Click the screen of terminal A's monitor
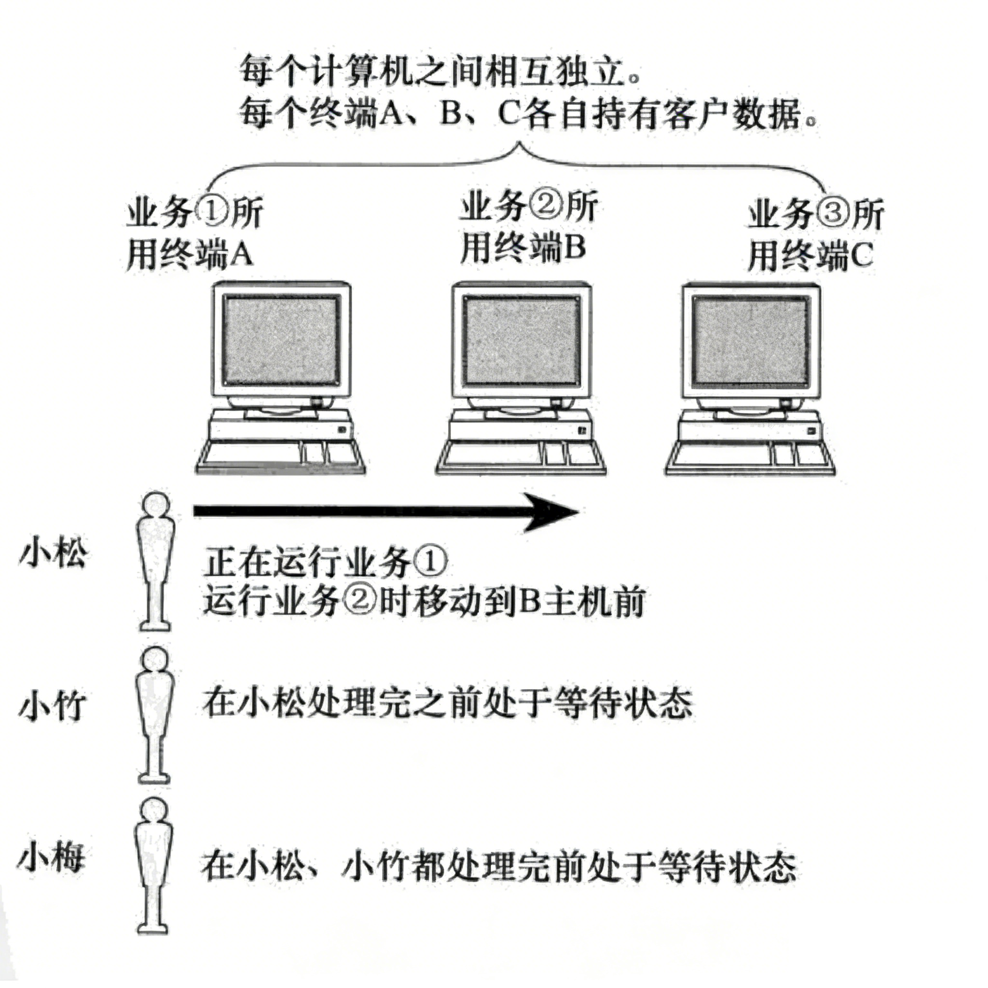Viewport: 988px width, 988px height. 283,340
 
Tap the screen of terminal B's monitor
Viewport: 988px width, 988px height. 521,342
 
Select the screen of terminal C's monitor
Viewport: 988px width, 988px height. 750,342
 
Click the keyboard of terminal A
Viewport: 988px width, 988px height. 281,456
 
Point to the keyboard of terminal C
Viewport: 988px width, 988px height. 750,457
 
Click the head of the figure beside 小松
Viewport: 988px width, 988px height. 155,506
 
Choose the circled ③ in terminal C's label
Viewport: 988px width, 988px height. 834,214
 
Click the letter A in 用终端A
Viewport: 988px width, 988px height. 241,255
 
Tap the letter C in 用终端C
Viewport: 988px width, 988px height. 860,255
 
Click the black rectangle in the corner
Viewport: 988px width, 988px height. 888,946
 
